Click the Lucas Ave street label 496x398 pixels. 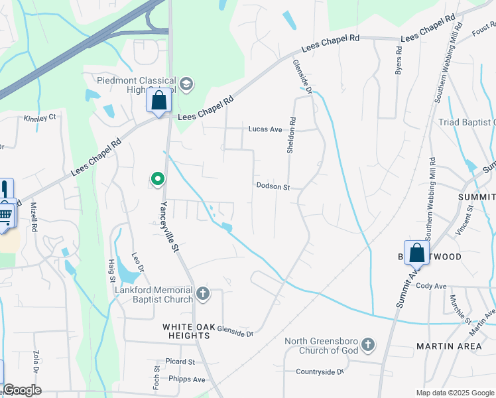click(x=265, y=129)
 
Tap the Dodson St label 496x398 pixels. click(x=273, y=187)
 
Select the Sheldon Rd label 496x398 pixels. click(x=291, y=136)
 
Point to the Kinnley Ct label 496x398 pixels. click(x=40, y=118)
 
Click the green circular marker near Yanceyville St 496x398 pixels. click(x=157, y=178)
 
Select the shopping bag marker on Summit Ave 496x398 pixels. click(x=416, y=253)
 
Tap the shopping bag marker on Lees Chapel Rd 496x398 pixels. click(x=158, y=101)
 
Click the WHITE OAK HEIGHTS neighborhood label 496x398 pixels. click(x=186, y=332)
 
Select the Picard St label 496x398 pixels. click(x=180, y=362)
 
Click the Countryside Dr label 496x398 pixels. click(x=320, y=372)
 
